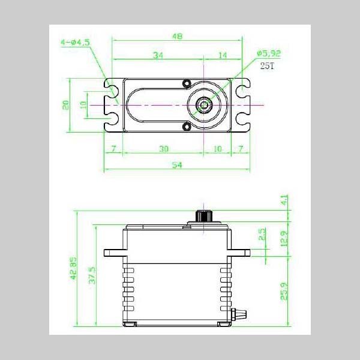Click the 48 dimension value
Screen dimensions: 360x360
point(178,37)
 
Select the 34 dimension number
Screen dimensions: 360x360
point(158,55)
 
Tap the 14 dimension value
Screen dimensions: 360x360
point(223,55)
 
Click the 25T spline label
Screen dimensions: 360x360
point(267,66)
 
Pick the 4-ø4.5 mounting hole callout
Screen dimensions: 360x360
point(76,43)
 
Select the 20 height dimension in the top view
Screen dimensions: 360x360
point(65,104)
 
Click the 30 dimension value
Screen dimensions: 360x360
point(163,148)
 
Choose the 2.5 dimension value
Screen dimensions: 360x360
point(262,235)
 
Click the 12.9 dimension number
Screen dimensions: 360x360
point(285,238)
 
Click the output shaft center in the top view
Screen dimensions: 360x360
point(205,105)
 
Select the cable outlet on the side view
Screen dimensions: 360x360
point(242,313)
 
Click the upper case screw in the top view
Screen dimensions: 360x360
point(187,83)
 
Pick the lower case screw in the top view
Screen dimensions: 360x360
point(187,127)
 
